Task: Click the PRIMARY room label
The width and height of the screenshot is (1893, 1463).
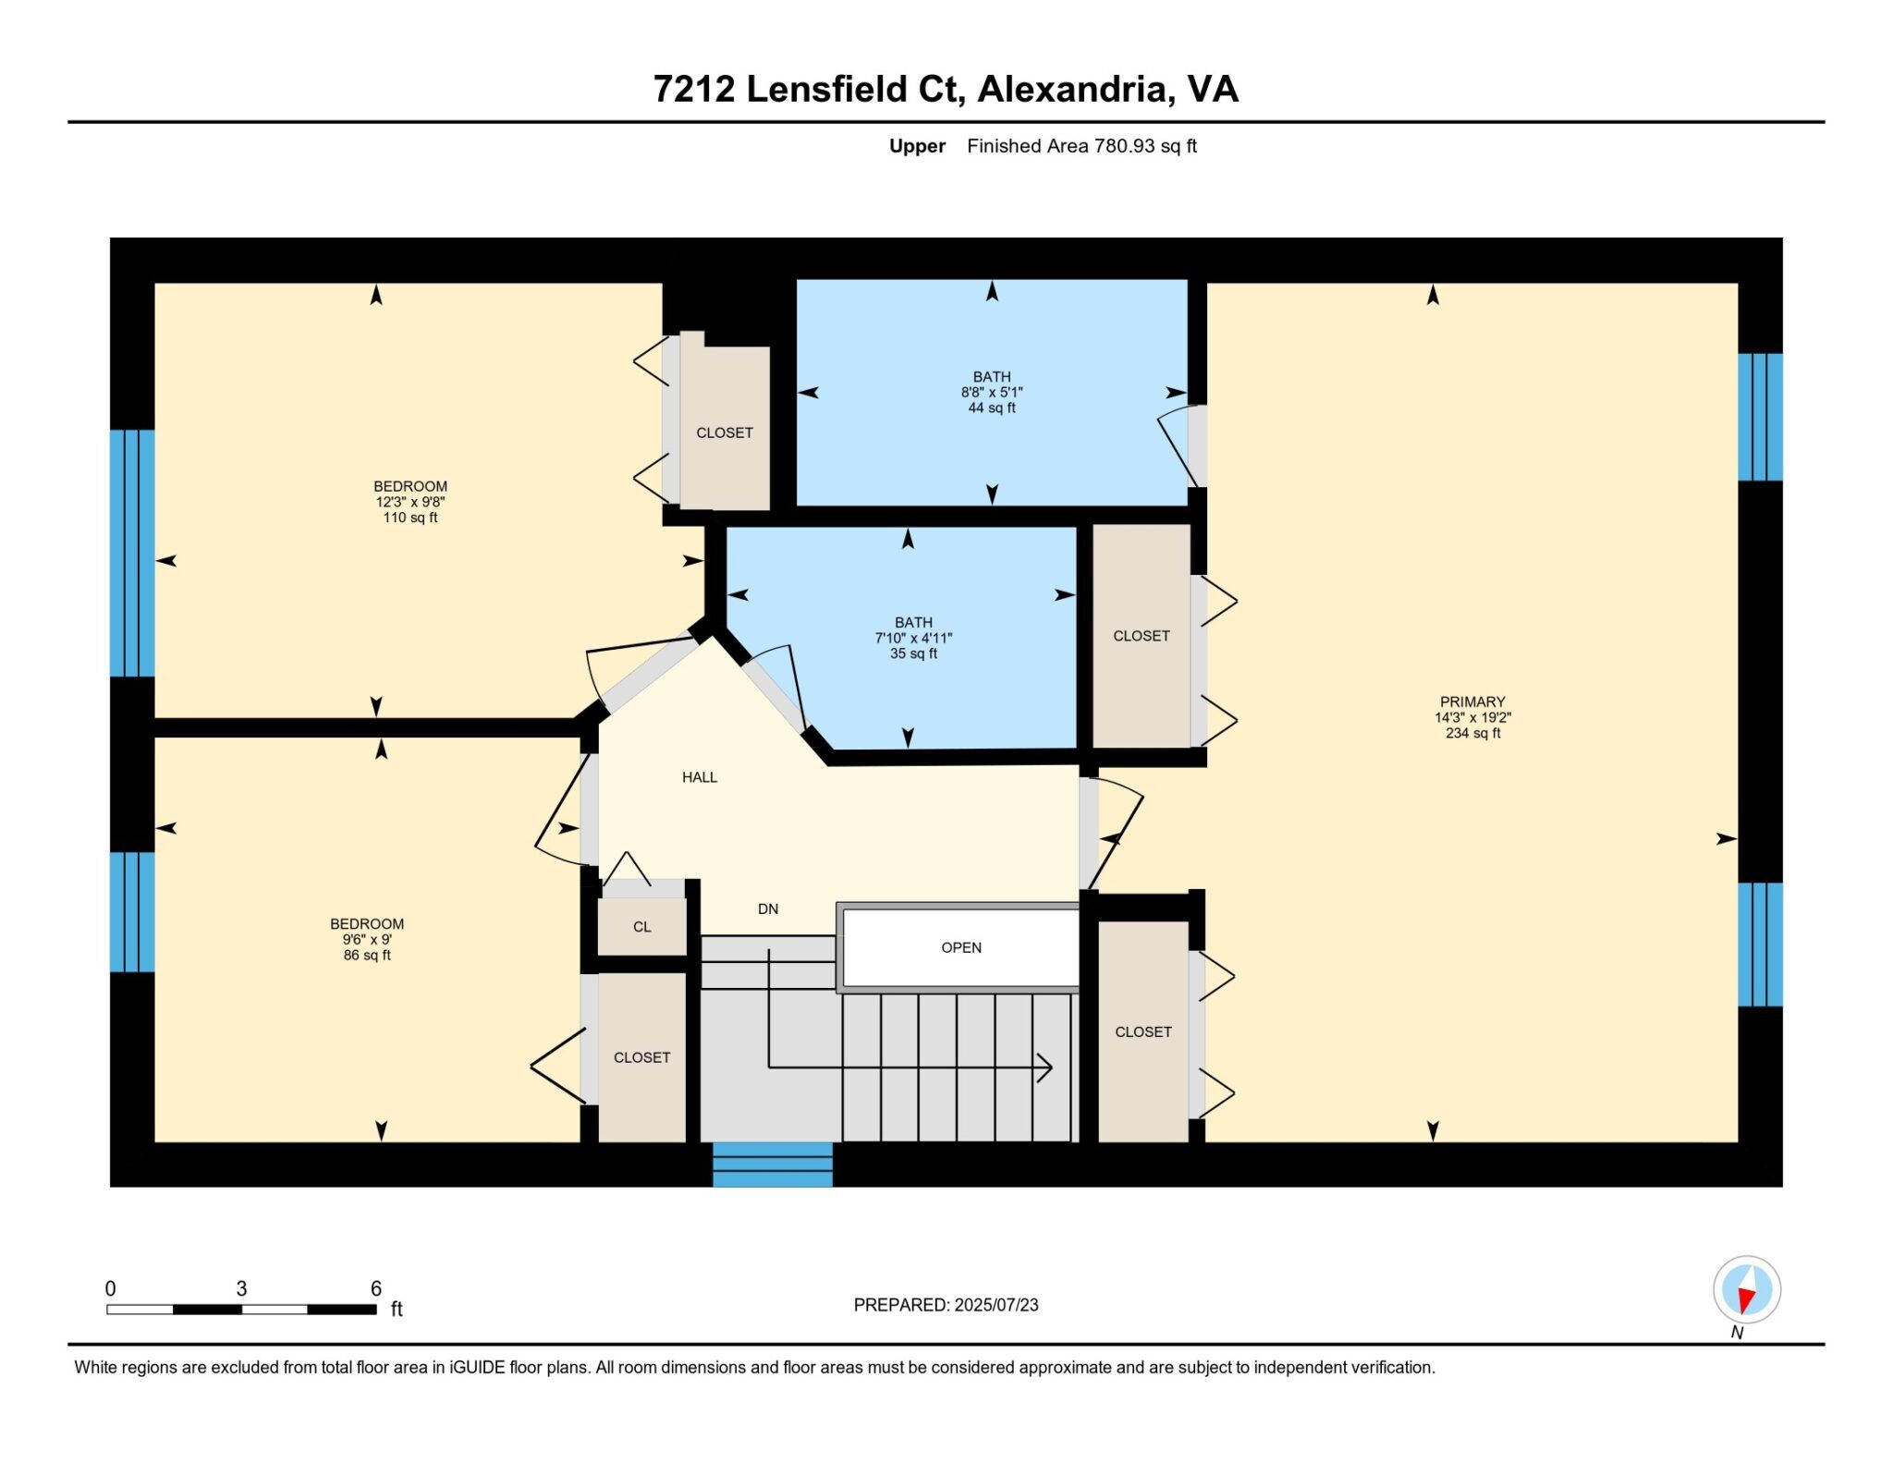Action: coord(1472,701)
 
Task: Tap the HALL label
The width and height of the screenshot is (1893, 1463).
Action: coord(700,777)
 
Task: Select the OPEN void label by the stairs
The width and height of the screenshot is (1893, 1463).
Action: coord(961,947)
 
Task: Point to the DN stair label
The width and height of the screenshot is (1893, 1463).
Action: coord(768,908)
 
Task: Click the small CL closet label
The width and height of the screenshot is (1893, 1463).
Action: coord(642,927)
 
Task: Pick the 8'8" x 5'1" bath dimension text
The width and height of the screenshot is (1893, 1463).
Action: coord(992,392)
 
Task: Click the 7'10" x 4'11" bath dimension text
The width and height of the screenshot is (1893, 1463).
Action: coord(913,638)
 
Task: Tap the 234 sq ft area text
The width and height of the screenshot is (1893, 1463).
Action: coord(1473,733)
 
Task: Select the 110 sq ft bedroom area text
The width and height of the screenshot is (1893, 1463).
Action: coord(410,518)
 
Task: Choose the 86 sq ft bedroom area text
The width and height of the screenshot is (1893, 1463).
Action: coord(367,955)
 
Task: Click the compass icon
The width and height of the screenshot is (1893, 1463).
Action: coord(1747,1290)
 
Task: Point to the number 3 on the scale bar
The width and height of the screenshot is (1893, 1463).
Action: coord(241,1288)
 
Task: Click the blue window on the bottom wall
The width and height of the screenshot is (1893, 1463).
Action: coord(773,1164)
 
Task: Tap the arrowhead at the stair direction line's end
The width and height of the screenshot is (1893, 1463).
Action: coord(1044,1068)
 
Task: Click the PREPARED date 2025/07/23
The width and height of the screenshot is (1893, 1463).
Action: coord(996,1305)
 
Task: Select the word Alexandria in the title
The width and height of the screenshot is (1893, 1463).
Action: coord(1076,89)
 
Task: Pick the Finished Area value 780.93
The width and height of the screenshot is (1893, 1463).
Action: coord(1125,146)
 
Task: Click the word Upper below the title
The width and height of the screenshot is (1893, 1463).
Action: coord(917,146)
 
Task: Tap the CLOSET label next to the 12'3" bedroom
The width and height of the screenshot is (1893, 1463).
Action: coord(725,433)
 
